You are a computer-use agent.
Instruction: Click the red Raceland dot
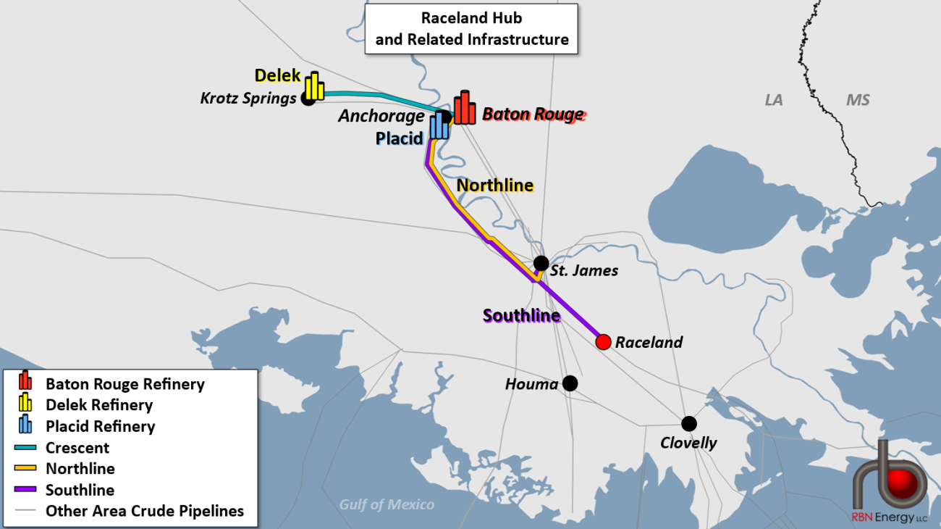click(x=603, y=341)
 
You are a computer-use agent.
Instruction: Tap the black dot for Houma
click(x=570, y=383)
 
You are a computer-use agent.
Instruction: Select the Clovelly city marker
click(x=689, y=423)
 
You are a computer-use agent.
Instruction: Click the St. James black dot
click(x=541, y=263)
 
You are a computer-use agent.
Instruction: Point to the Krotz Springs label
click(x=248, y=98)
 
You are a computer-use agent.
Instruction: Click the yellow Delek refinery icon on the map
click(x=314, y=86)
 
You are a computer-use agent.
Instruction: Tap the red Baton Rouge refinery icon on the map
click(x=465, y=108)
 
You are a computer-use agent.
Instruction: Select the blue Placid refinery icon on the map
click(x=439, y=125)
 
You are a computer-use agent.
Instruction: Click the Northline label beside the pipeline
click(x=495, y=186)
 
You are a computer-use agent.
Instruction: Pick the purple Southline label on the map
click(x=521, y=315)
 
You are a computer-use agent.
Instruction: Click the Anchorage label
click(x=381, y=116)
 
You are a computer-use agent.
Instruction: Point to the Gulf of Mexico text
click(x=387, y=504)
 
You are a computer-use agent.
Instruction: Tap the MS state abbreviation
click(x=858, y=100)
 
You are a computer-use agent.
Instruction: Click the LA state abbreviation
click(x=774, y=100)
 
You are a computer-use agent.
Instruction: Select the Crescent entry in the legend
click(x=77, y=448)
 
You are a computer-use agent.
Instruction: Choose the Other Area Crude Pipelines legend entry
click(x=145, y=511)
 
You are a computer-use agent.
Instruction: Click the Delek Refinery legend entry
click(x=99, y=405)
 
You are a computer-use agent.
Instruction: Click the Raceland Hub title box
click(x=471, y=28)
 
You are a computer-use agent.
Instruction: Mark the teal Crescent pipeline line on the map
click(x=376, y=95)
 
